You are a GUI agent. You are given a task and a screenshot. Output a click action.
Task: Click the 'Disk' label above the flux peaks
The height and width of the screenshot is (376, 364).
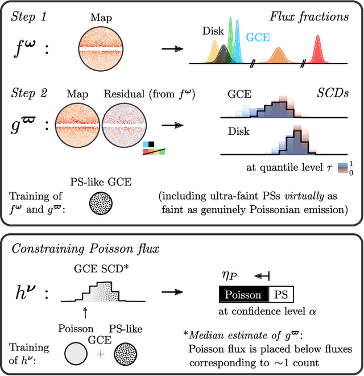212,32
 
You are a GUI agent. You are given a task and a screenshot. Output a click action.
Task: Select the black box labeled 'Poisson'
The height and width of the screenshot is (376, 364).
243,295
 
